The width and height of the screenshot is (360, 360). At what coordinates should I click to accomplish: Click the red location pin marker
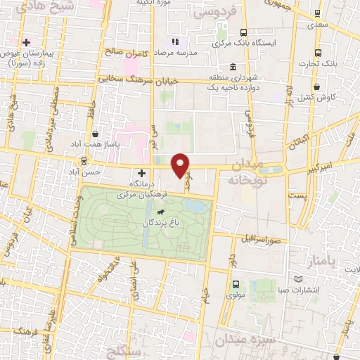coord(181,165)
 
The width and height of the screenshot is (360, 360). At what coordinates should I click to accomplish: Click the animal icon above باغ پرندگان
coord(161,212)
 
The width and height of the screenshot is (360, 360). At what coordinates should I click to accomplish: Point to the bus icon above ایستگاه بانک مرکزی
coord(243,32)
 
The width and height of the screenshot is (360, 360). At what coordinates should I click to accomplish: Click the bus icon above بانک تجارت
coord(318,52)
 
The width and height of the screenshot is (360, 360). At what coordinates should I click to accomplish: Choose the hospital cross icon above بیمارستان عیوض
coord(27,42)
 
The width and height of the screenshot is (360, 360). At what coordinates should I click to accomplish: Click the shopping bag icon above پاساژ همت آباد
coord(95,134)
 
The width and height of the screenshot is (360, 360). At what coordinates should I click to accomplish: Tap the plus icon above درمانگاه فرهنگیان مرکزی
coord(141,173)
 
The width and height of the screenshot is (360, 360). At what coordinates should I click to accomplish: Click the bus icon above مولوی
coord(235,285)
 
